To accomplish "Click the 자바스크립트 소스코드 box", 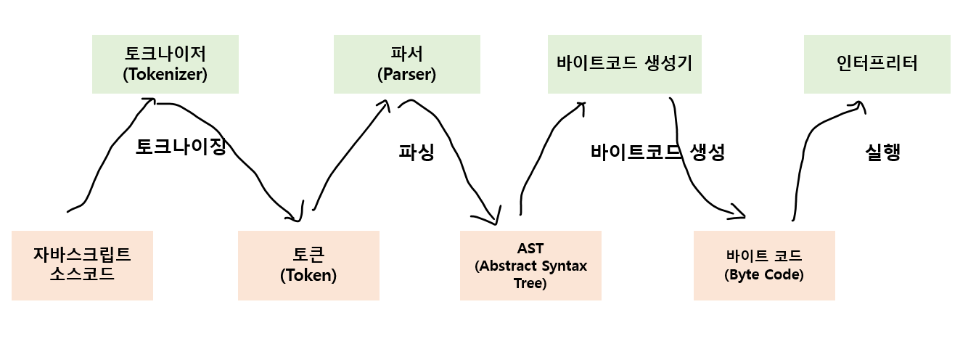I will click(82, 265).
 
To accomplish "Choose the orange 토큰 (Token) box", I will click(308, 265).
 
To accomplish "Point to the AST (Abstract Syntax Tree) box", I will click(530, 265).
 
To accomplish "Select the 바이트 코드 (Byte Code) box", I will click(764, 265).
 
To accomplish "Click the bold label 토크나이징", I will click(181, 147).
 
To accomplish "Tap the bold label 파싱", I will click(417, 152).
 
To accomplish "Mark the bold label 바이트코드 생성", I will click(657, 152).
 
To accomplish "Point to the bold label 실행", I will click(882, 152).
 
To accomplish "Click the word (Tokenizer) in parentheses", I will click(165, 74).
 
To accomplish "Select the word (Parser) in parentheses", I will click(406, 74).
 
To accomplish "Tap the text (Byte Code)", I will click(764, 275).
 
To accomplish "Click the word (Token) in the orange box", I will click(308, 276).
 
